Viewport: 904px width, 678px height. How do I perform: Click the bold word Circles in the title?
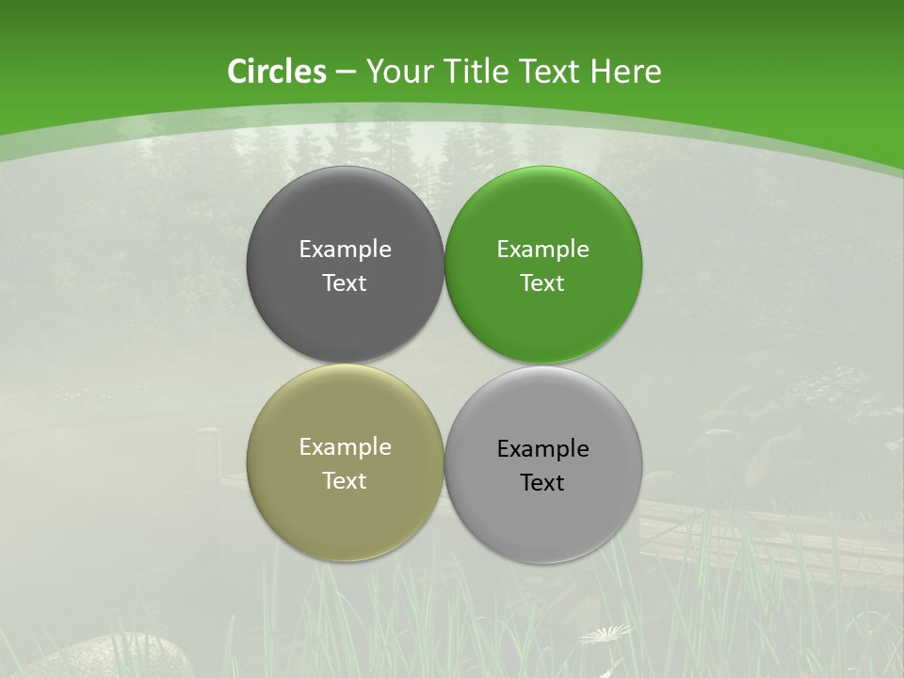pos(277,72)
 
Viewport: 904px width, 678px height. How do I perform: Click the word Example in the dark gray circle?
pos(345,249)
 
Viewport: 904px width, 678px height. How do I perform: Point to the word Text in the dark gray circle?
pos(345,282)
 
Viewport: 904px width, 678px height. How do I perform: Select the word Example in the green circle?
pos(543,249)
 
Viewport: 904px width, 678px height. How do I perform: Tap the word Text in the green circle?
pos(543,282)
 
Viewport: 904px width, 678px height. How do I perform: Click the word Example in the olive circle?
pos(345,446)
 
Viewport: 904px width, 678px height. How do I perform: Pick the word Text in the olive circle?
pos(345,480)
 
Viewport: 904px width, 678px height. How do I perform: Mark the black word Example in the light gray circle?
pos(543,448)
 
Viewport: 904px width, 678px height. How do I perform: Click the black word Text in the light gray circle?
pos(543,482)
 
